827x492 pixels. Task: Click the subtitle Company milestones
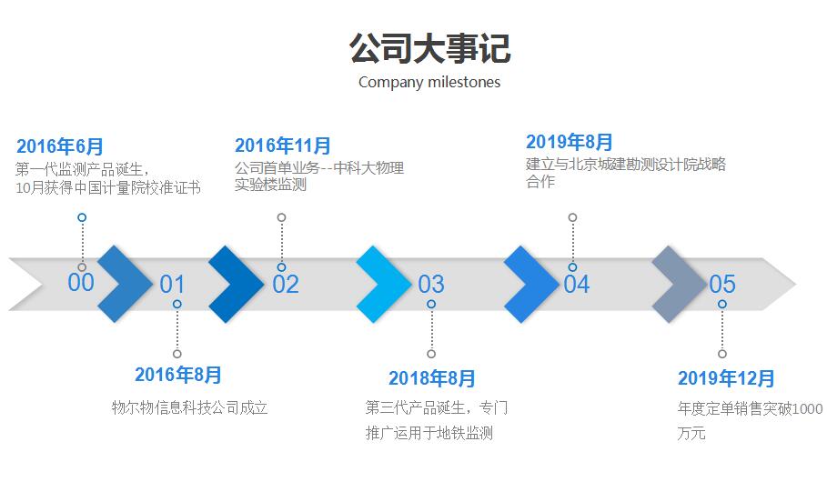click(429, 82)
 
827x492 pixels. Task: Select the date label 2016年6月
click(60, 146)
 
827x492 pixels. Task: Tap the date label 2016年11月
click(283, 146)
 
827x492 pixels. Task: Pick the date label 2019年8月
click(570, 142)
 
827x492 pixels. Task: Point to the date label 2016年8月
click(178, 375)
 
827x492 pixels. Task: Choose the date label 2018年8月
click(432, 378)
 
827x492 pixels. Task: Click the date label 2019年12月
click(727, 378)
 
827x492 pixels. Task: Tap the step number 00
click(81, 283)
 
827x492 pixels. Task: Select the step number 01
click(172, 285)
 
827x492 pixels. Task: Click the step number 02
click(286, 285)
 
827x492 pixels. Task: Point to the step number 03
click(431, 285)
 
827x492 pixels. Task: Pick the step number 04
click(577, 285)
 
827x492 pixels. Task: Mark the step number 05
click(722, 285)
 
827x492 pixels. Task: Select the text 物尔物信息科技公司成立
click(189, 407)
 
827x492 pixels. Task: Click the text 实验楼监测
click(270, 185)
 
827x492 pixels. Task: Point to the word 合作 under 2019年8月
click(540, 182)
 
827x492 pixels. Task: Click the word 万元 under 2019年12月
click(691, 433)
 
